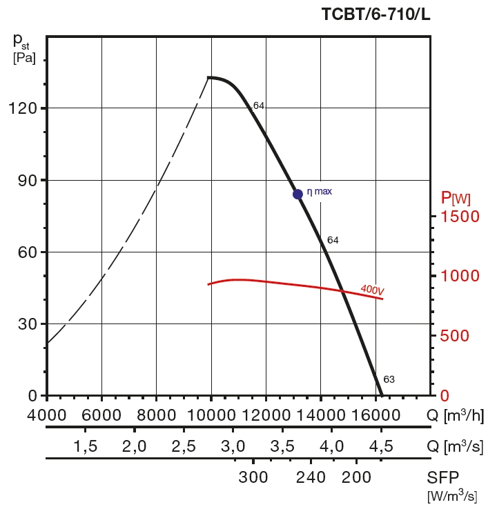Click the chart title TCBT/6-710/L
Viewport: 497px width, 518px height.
tap(376, 14)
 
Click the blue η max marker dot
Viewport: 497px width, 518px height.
tap(298, 194)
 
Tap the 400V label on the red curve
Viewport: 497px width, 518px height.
tap(372, 290)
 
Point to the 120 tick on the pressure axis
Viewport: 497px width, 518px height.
tap(23, 108)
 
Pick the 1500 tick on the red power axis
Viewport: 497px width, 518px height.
tap(455, 217)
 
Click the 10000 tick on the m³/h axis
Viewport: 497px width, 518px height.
tap(211, 415)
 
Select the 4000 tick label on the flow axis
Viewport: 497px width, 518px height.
tap(47, 415)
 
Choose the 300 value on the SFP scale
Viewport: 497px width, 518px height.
tap(253, 477)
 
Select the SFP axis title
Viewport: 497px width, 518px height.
tap(443, 477)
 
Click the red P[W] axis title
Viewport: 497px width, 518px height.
tap(456, 199)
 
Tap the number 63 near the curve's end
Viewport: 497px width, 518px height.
tap(389, 379)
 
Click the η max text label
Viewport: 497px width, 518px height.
tap(320, 191)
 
